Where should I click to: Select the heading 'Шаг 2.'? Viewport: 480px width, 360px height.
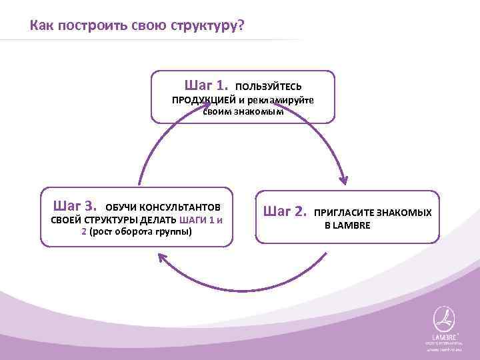[285, 212]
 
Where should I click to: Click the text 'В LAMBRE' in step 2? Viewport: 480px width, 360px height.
[347, 225]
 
